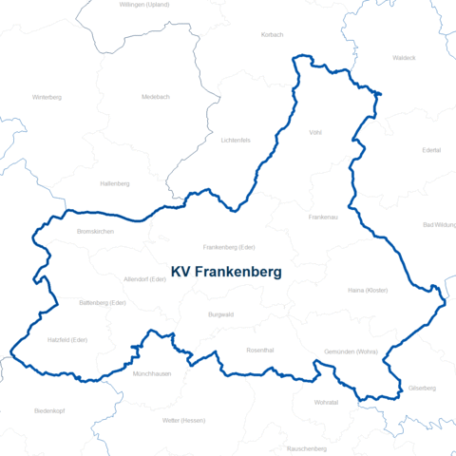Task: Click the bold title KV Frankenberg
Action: coord(225,272)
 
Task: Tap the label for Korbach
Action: coord(272,34)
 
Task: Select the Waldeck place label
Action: coord(404,58)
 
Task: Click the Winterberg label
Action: coord(47,97)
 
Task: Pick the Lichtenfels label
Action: coord(235,141)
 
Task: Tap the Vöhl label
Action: coord(315,133)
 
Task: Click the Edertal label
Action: coord(431,150)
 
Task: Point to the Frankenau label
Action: coord(323,218)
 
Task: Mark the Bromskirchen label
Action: coord(95,232)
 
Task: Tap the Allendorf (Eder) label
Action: coord(145,279)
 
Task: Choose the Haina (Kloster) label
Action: coord(368,290)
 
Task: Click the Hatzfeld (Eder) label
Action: coord(67,339)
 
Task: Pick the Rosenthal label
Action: coord(260,350)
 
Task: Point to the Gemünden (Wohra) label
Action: coord(351,352)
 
